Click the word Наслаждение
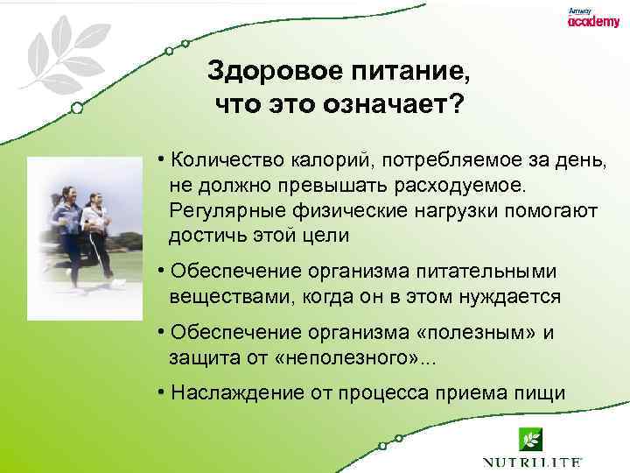pos(237,393)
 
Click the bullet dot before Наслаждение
pos(163,392)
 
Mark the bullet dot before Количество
pos(163,159)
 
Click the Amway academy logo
pos(592,19)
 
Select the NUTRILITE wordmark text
pos(532,462)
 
